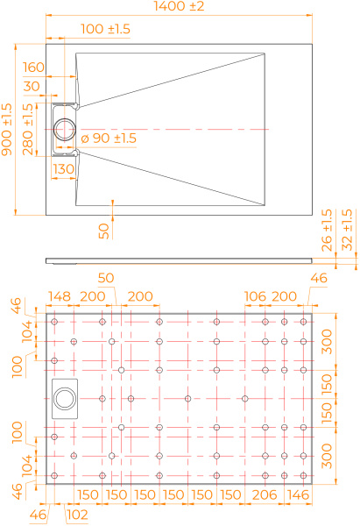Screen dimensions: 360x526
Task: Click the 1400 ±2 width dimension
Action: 179,6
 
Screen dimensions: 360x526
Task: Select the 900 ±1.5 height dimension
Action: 7,130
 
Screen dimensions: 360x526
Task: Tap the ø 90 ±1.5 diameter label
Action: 109,139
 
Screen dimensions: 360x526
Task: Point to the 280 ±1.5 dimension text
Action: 28,130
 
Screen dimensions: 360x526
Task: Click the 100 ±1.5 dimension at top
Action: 106,29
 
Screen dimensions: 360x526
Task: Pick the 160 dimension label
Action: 33,68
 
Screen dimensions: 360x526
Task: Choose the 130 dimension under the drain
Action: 64,169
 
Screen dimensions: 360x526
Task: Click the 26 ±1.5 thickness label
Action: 327,230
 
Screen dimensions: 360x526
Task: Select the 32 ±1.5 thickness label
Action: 348,230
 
